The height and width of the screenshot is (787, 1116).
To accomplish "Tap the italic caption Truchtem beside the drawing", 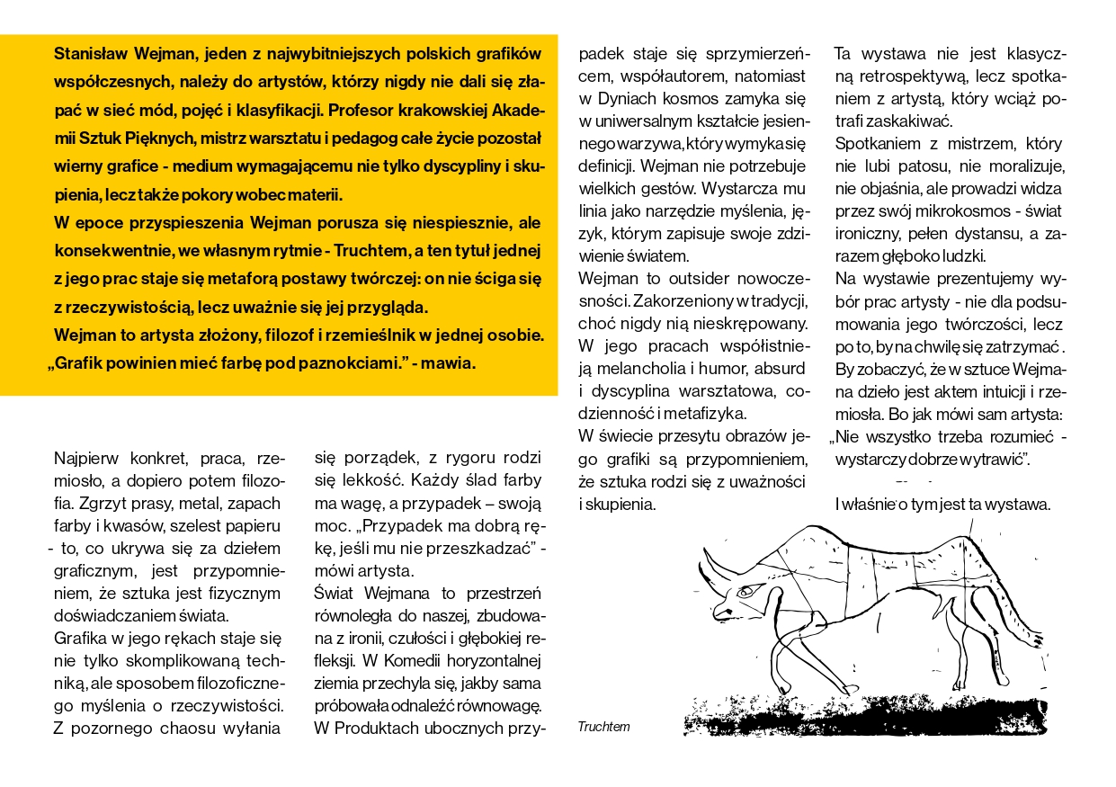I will point(603,727).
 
